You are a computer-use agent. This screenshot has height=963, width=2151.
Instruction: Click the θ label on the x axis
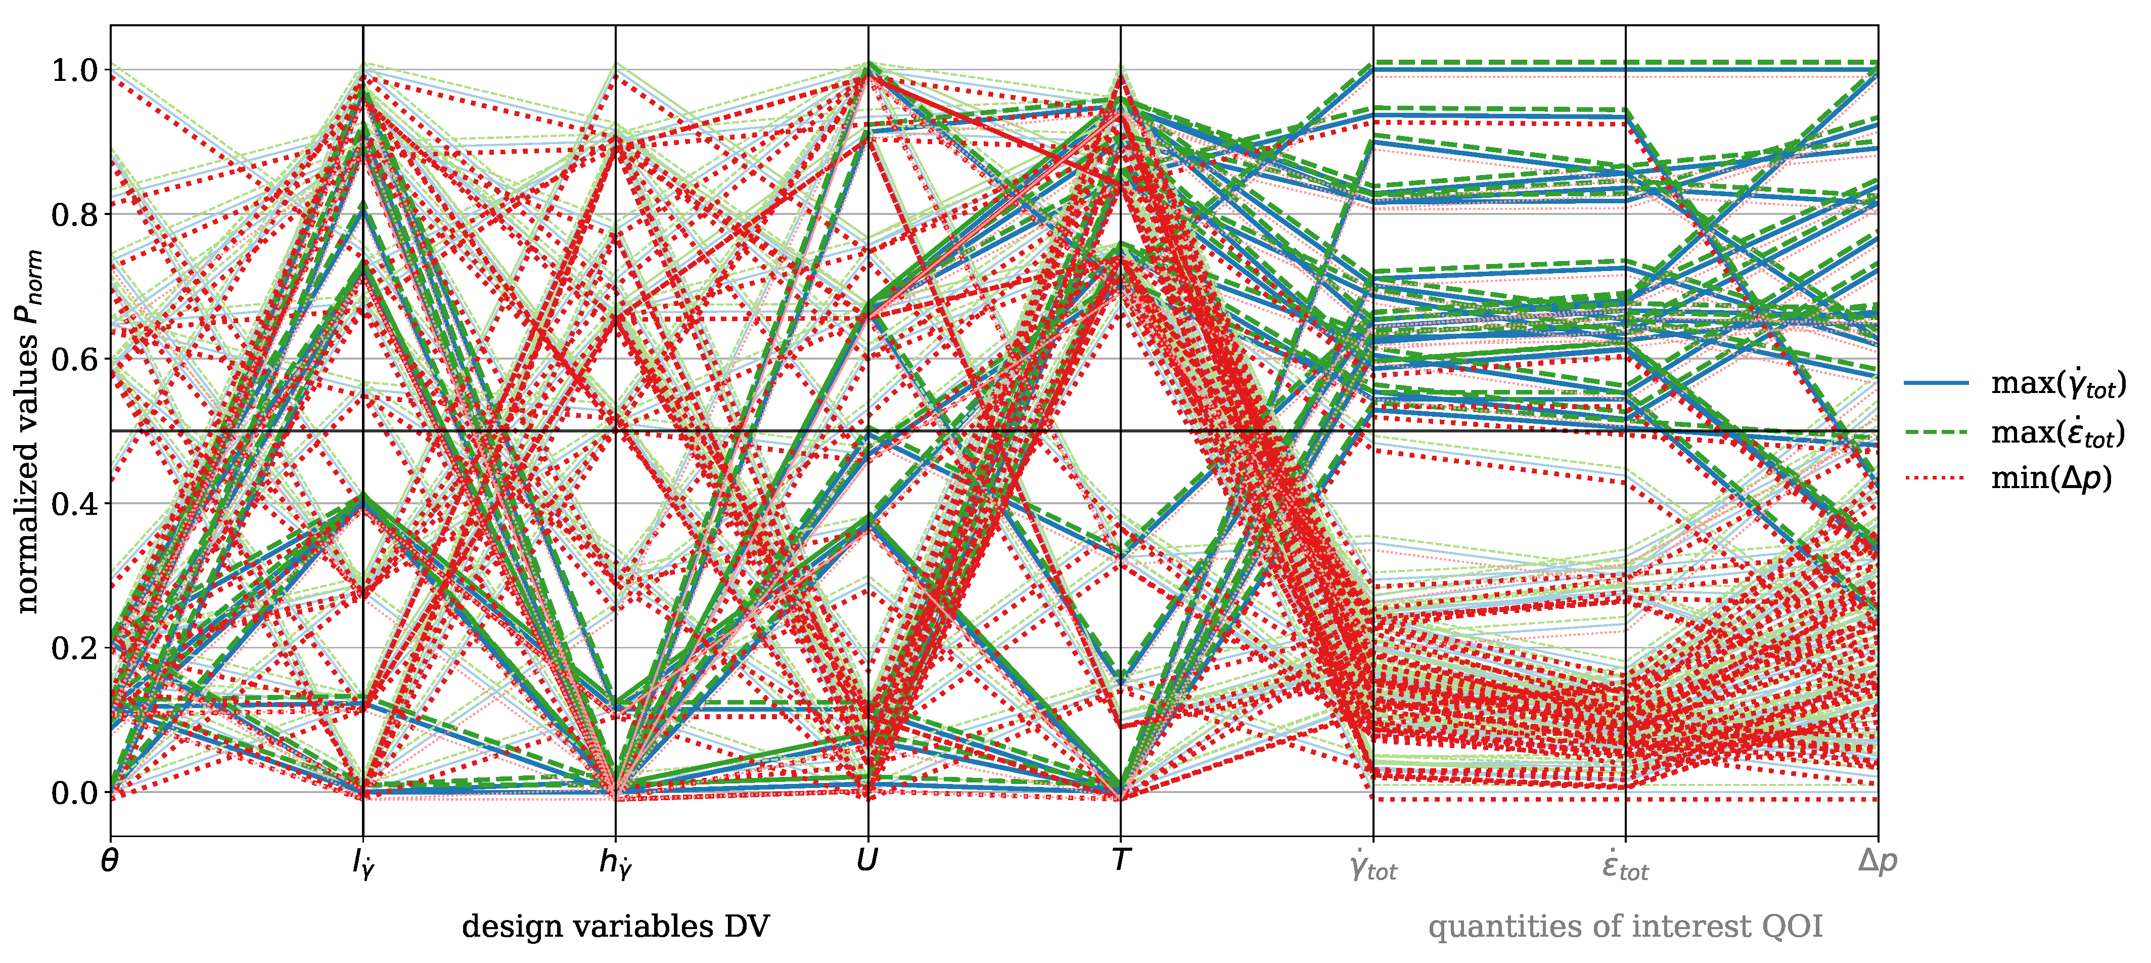109,860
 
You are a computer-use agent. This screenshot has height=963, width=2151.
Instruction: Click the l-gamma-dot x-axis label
363,863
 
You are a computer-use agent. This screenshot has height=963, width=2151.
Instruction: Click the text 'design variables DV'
615,926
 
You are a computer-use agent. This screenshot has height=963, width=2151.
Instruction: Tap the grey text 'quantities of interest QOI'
1625,926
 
